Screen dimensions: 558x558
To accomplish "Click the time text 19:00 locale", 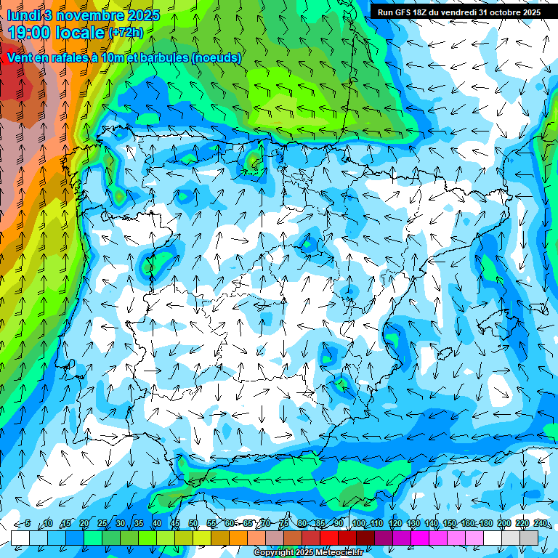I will [56, 32].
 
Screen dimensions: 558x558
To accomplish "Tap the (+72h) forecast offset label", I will [126, 33].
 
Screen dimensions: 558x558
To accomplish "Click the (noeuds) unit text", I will [216, 57].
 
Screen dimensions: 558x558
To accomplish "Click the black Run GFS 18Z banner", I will [458, 12].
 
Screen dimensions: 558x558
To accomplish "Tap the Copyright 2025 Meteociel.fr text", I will [309, 553].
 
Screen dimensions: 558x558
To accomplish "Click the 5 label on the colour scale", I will [28, 523].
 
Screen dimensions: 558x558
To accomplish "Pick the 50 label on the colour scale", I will [193, 523].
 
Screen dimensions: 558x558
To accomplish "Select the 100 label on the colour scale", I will [357, 523].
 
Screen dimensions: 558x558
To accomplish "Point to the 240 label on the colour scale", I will [540, 523].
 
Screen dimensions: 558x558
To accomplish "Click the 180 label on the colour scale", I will [485, 523].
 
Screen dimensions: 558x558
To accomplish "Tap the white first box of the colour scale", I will [20, 538].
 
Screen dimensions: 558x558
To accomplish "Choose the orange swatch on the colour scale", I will [238, 538].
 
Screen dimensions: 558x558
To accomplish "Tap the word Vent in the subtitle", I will [19, 57].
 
